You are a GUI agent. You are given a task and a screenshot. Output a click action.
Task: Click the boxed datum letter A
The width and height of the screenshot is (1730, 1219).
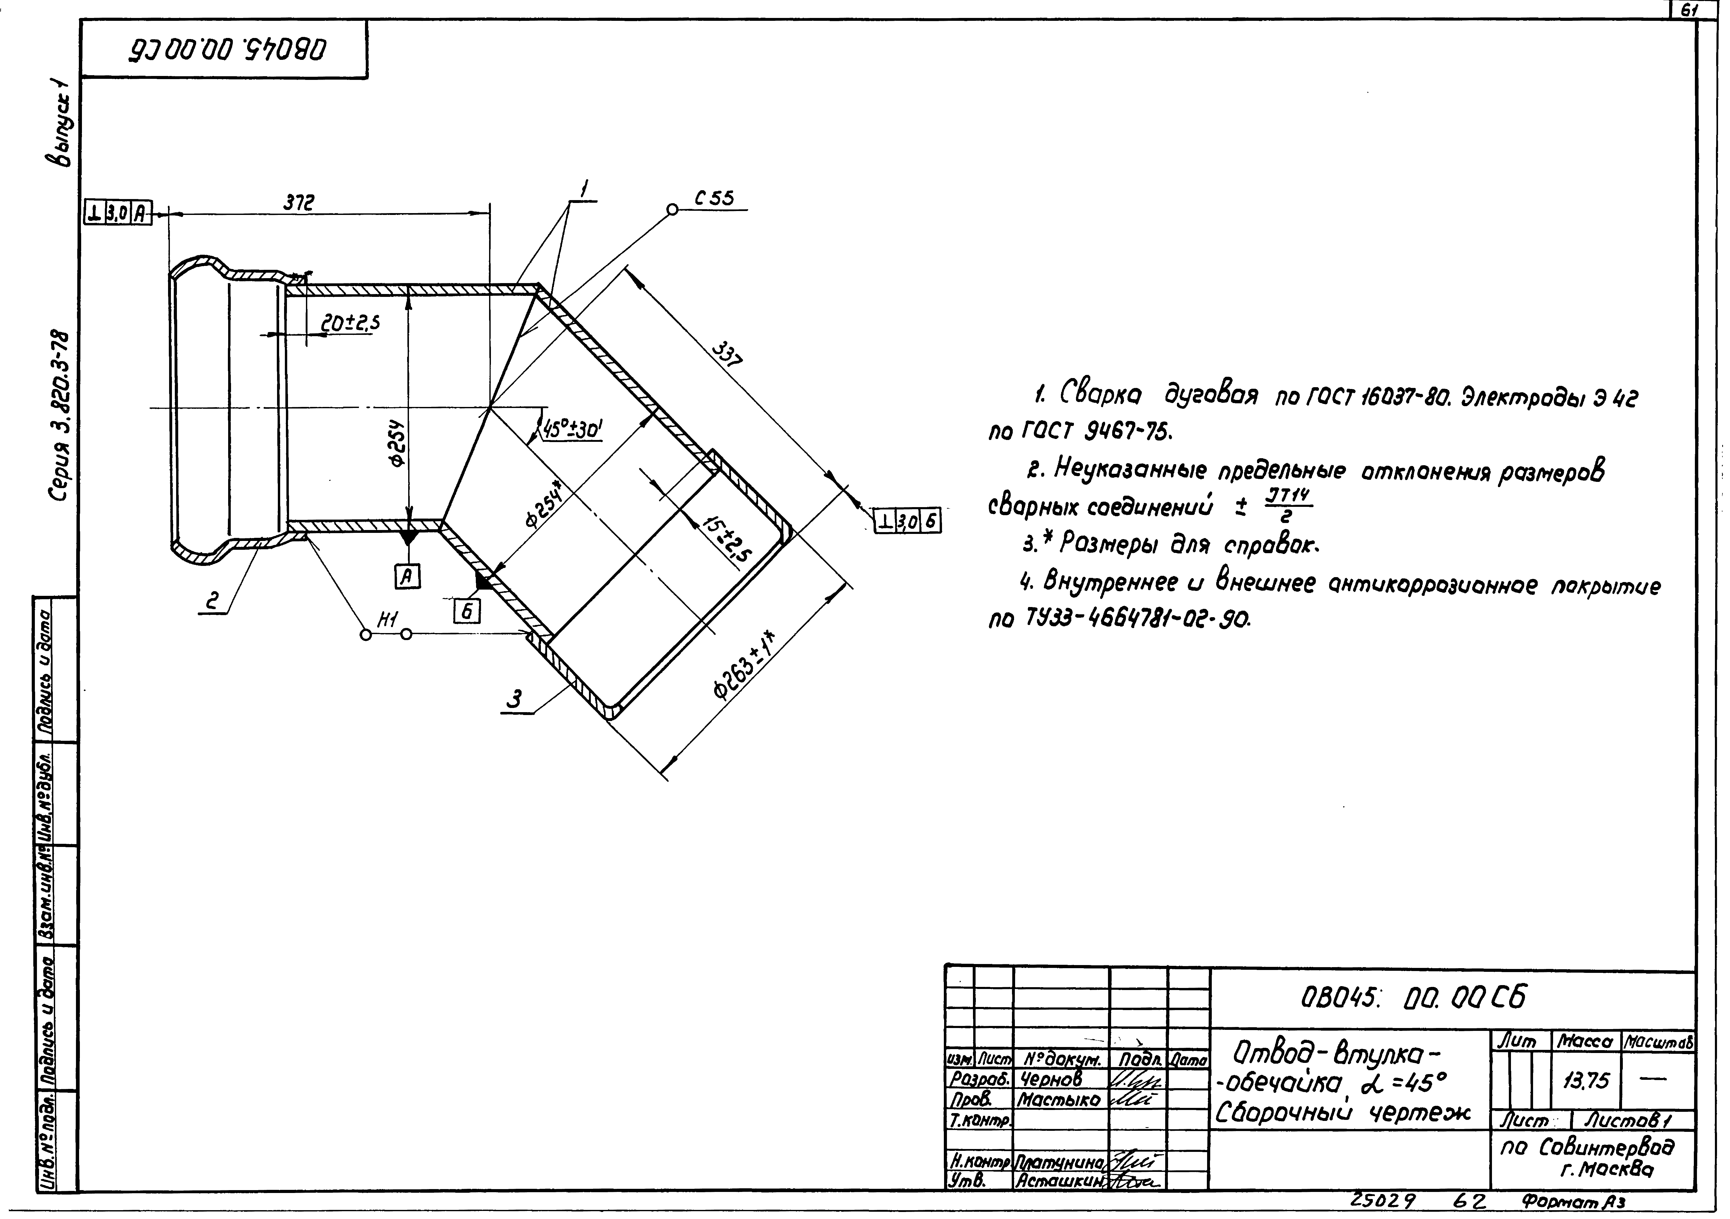tap(408, 577)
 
